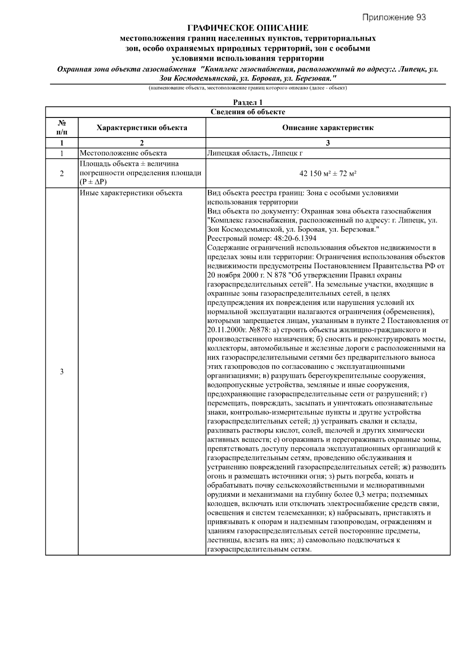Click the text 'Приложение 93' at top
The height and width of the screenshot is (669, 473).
coord(394,17)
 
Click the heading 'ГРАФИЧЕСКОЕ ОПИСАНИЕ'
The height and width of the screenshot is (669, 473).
coord(248,28)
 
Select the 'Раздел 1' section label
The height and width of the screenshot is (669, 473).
coord(248,102)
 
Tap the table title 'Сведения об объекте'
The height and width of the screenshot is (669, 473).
coord(248,112)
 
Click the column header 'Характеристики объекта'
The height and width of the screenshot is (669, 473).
coord(142,128)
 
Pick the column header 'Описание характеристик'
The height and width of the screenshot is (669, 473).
coord(328,128)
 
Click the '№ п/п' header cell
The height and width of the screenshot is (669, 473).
coord(61,128)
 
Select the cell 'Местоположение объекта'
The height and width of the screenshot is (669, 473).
coord(123,153)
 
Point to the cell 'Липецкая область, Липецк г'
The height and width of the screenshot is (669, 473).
coord(255,153)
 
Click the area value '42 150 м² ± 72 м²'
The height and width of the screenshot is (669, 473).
coord(328,173)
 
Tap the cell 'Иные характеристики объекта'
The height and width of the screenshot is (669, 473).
coord(131,193)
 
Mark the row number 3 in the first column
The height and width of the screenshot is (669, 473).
coord(61,372)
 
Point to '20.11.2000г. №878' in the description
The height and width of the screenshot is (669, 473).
coord(235,330)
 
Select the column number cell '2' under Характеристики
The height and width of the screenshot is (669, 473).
coord(142,143)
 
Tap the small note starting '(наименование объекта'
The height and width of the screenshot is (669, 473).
coord(248,88)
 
